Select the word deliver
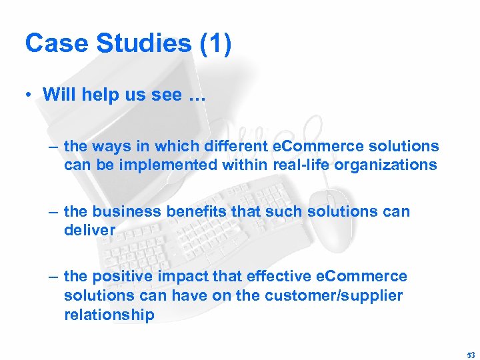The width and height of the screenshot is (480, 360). pos(89,230)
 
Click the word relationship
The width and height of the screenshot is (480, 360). pos(109,314)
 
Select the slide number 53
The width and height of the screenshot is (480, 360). pos(471,355)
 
